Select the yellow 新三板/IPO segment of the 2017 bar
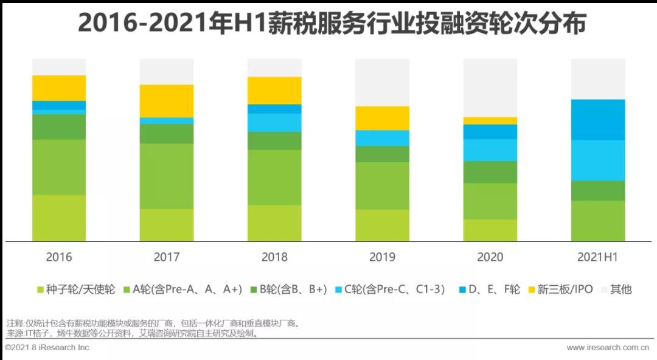tap(167, 101)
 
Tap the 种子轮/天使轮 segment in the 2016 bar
tap(59, 218)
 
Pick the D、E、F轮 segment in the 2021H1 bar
tap(598, 120)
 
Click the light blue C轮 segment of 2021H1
tap(598, 160)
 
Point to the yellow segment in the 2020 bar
tap(490, 120)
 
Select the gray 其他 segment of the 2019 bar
tap(382, 83)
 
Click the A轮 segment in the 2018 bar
tap(274, 178)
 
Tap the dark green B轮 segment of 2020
tap(490, 172)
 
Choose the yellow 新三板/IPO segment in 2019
tap(382, 118)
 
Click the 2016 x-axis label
tap(59, 257)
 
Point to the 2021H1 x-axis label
tap(598, 257)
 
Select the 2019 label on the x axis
tap(382, 257)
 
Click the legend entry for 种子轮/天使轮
tap(76, 289)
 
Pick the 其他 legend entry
tap(616, 289)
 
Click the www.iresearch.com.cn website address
tap(608, 348)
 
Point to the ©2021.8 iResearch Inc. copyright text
tap(48, 347)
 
